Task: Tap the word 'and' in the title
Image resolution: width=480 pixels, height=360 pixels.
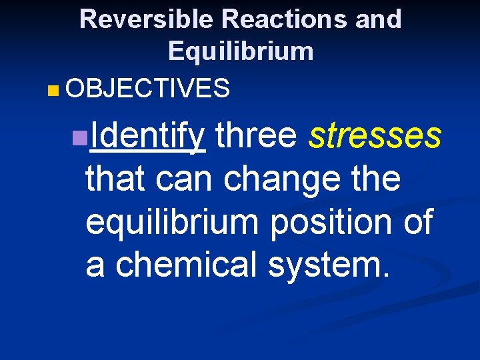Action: click(378, 19)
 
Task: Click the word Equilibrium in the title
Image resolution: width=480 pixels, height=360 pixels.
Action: click(241, 51)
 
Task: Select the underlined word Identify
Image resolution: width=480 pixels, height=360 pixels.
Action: click(147, 136)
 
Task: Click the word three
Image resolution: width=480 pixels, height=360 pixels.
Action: click(255, 135)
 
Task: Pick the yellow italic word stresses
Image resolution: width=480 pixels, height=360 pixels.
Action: click(375, 135)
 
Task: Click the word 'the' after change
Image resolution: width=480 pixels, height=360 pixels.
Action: click(377, 179)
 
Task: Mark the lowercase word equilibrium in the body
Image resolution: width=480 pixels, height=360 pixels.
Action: click(171, 223)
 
